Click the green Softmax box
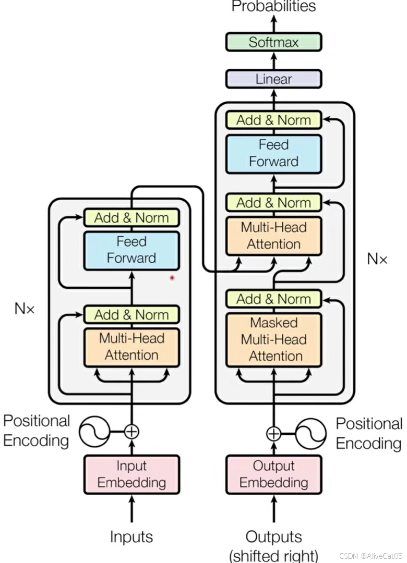[273, 42]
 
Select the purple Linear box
[273, 79]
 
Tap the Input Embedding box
[131, 474]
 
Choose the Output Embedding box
[273, 474]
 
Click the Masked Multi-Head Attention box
[273, 340]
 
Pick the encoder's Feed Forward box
[131, 250]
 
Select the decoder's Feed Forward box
[273, 154]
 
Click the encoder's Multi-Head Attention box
[131, 347]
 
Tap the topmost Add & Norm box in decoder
[273, 120]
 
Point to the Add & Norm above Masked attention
[273, 299]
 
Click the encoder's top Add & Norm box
[131, 217]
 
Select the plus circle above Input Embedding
[131, 431]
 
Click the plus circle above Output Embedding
[273, 433]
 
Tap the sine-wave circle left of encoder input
[94, 431]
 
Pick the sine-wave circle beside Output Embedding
[310, 433]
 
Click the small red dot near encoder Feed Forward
[172, 277]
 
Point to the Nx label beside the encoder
[25, 309]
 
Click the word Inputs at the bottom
[131, 537]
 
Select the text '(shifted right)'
[273, 556]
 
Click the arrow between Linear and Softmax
[273, 60]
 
